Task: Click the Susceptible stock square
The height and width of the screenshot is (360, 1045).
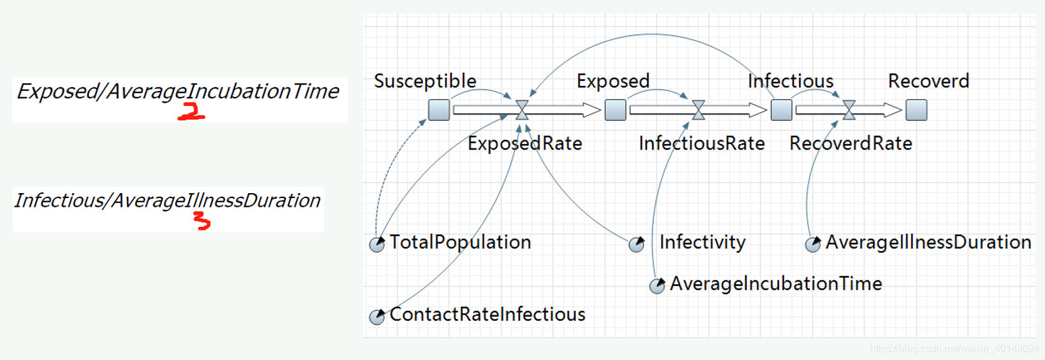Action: (439, 110)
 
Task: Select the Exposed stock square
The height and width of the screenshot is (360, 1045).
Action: (615, 110)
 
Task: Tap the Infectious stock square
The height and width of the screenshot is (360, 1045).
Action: (781, 110)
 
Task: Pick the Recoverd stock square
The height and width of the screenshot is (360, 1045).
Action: (916, 110)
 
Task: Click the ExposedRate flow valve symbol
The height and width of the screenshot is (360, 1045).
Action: (522, 110)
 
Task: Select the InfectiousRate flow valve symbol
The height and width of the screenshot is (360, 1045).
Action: (699, 110)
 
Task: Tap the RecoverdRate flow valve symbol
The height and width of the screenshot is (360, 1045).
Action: (849, 110)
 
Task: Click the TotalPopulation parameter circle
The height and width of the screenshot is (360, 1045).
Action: (377, 244)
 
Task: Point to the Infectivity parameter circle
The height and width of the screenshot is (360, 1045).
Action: (636, 244)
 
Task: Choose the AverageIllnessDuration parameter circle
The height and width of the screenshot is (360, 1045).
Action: (813, 244)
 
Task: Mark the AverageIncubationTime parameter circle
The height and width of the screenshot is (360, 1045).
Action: (657, 286)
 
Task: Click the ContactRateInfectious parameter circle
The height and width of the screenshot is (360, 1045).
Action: (377, 316)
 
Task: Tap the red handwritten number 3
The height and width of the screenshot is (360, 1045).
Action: (202, 220)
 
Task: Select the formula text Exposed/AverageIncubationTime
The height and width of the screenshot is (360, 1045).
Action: (177, 92)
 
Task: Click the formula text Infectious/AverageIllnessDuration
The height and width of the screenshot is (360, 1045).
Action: (167, 201)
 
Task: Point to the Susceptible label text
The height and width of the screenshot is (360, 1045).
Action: (425, 81)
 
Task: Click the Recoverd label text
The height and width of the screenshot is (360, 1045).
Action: (928, 81)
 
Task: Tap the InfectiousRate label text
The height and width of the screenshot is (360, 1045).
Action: (701, 143)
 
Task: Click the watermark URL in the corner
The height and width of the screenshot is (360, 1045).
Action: (954, 349)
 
